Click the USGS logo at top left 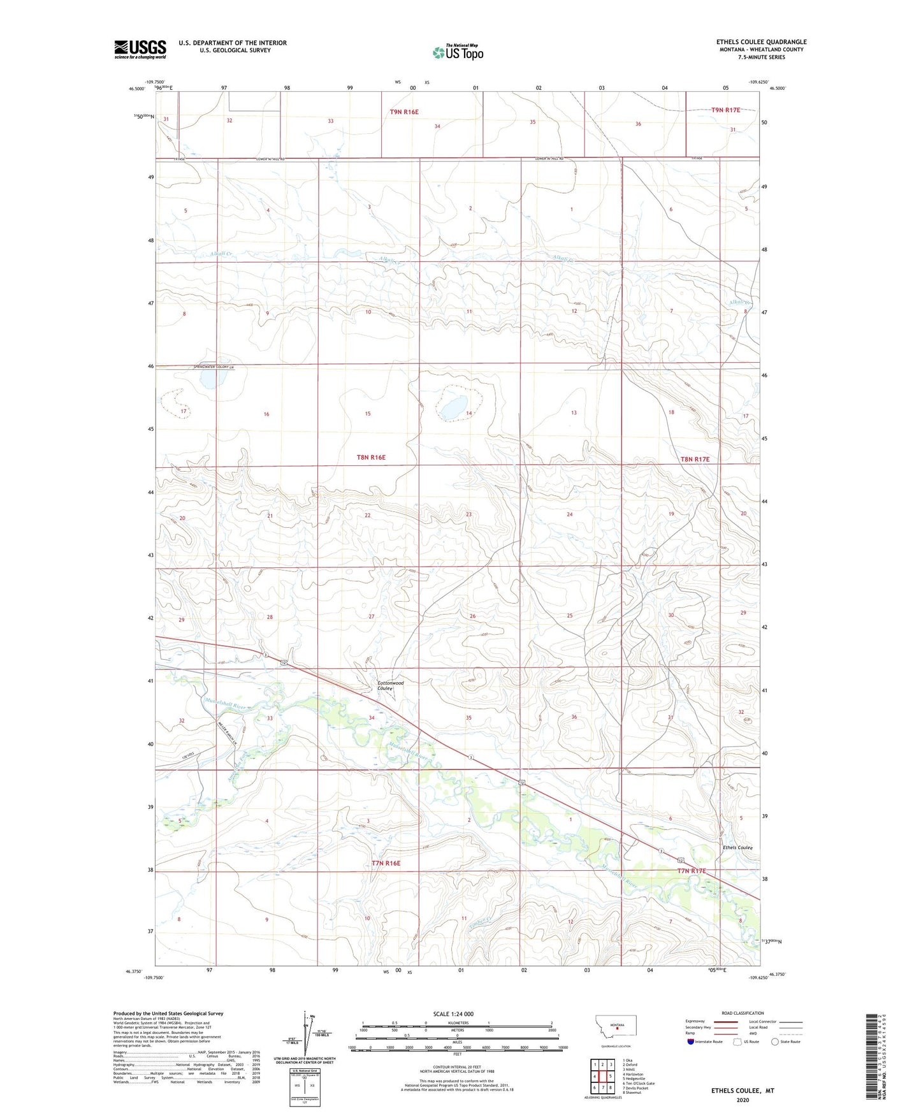[x=140, y=49]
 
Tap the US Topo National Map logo [x=458, y=52]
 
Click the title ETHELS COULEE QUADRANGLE [x=761, y=42]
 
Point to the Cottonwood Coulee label [x=390, y=685]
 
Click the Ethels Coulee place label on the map [x=737, y=847]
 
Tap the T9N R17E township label [x=725, y=110]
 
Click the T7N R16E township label [x=386, y=863]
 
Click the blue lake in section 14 [x=453, y=406]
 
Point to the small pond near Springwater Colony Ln [x=209, y=381]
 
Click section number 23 [x=468, y=514]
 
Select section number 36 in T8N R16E [x=574, y=717]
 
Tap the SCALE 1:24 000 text [x=453, y=1014]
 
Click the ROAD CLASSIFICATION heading [x=743, y=1013]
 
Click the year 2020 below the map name [x=743, y=1100]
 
